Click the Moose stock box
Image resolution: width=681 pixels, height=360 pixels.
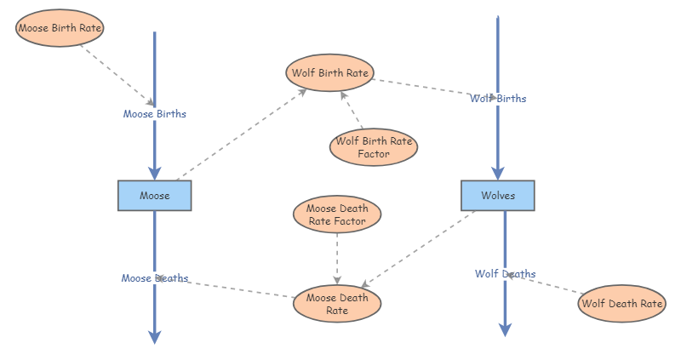154,196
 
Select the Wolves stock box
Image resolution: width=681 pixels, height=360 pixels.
498,196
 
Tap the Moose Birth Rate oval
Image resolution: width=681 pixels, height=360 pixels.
60,29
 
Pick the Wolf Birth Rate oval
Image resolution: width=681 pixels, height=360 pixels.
330,73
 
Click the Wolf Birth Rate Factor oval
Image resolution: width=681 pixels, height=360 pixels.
374,147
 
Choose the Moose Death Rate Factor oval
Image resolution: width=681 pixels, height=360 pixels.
336,214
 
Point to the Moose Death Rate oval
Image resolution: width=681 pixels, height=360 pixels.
337,304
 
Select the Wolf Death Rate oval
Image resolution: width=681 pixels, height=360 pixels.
621,304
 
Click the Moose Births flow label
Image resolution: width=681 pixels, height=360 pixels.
154,113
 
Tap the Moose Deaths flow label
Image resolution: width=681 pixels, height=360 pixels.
154,278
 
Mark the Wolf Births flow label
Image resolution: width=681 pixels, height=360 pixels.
498,99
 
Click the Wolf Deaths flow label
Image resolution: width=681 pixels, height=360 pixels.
505,274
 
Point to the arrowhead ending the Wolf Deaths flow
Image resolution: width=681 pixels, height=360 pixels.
505,329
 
